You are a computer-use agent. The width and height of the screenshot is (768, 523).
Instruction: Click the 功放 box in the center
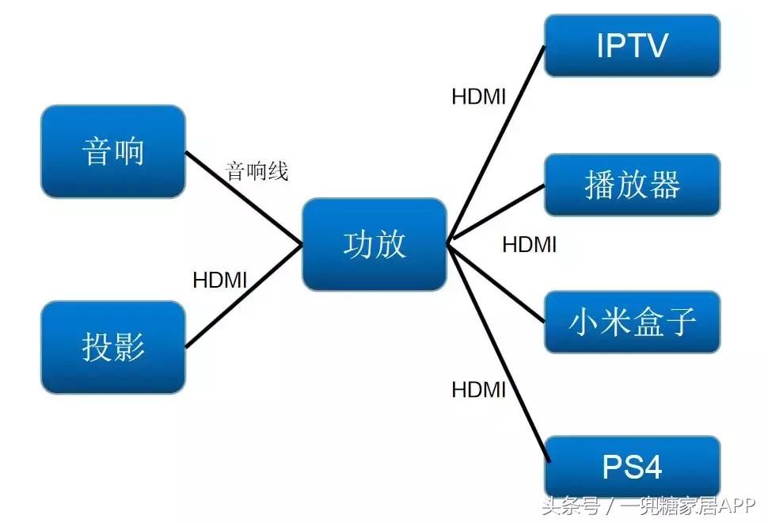374,244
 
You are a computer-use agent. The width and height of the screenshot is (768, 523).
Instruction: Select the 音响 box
112,151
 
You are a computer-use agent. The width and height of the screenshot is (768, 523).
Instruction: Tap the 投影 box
112,346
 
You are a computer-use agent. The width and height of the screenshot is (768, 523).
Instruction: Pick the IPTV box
632,45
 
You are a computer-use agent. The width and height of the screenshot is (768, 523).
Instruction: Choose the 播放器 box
632,185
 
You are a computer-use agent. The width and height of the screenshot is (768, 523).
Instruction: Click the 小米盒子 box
632,322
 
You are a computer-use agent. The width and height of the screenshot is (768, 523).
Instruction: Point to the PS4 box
632,467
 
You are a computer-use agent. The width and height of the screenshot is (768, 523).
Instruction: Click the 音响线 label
257,170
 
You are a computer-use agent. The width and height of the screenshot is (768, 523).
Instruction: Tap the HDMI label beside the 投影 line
220,280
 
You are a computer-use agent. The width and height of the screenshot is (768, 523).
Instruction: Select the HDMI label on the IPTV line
478,97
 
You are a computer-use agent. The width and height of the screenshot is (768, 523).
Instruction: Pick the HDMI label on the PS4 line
478,389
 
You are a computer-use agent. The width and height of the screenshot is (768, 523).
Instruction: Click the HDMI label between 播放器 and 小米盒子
529,244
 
